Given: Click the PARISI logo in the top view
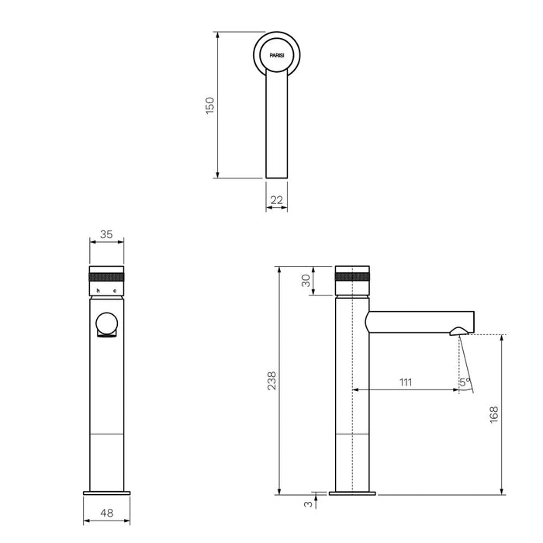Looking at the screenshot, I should pos(277,57).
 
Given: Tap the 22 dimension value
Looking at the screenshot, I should pos(277,201).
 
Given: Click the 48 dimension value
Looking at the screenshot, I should pos(106,513).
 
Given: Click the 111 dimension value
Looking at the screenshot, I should pos(405,382).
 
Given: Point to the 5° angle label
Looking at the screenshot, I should pos(464,382).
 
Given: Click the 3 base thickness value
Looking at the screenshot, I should pos(308,505).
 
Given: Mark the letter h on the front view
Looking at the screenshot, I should pos(96,291).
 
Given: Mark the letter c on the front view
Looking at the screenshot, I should pos(115,291).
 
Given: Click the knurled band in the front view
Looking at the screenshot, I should pos(106,276).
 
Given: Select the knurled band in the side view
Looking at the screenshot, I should pos(353,276).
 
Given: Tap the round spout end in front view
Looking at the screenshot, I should pos(105,324).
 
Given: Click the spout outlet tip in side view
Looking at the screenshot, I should pos(458,332).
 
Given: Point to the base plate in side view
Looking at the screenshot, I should pos(353,492).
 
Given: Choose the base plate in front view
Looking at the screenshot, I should pos(106,492).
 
